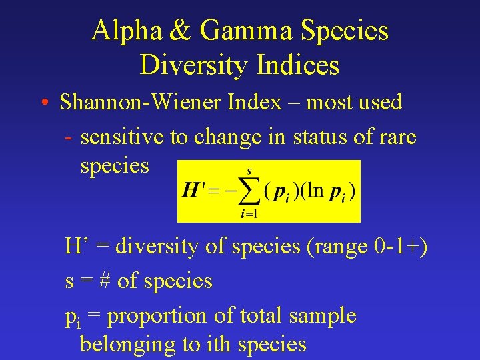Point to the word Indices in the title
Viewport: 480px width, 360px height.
point(297,65)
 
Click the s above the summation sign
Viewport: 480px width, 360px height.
point(249,171)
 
